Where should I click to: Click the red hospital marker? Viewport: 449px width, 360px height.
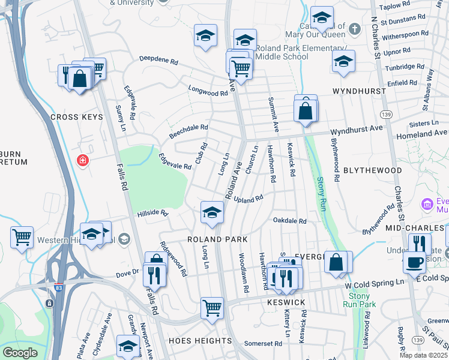[x=83, y=161]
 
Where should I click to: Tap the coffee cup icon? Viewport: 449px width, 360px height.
[x=414, y=262]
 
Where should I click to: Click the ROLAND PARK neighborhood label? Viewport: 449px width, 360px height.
[x=217, y=239]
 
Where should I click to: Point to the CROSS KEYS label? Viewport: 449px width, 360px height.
[x=74, y=117]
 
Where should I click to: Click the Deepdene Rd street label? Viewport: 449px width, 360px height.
[x=159, y=61]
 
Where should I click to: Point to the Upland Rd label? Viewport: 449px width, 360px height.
[x=249, y=199]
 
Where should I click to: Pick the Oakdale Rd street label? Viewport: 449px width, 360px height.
[x=290, y=221]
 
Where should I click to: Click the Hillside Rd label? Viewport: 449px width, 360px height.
[x=152, y=213]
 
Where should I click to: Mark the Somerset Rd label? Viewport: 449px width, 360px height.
[x=264, y=344]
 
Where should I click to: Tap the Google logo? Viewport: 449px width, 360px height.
[x=20, y=353]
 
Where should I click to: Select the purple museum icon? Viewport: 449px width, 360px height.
[x=427, y=205]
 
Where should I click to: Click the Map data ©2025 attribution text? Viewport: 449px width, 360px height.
[x=423, y=355]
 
